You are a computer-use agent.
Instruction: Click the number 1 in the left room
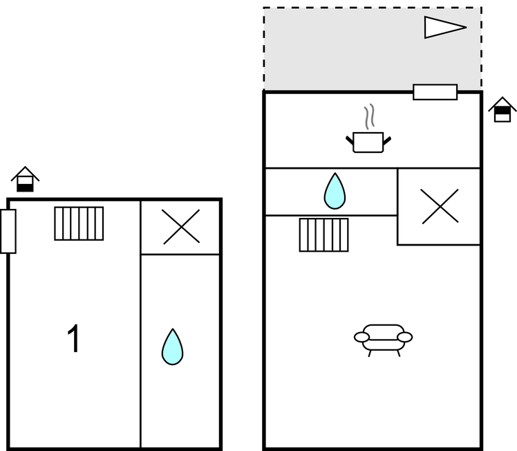[73, 339]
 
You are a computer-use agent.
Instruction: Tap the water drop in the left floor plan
[172, 347]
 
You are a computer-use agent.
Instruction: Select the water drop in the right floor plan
[335, 191]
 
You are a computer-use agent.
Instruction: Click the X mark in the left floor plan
[181, 227]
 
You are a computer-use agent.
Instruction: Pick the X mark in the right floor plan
[440, 206]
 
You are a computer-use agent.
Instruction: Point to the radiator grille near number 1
[79, 223]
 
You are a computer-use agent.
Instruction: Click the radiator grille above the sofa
[323, 234]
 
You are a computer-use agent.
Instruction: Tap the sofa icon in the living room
[383, 338]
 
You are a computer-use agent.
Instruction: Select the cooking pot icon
[368, 141]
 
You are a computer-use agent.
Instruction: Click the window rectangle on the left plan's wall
[8, 231]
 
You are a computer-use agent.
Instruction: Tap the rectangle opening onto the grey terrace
[435, 92]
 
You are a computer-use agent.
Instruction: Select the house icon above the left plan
[26, 179]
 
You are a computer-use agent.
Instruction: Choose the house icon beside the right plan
[502, 109]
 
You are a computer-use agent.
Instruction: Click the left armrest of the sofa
[362, 337]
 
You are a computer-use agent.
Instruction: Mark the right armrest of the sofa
[405, 337]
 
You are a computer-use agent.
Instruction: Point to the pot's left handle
[350, 140]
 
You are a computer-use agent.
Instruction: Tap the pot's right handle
[387, 140]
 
